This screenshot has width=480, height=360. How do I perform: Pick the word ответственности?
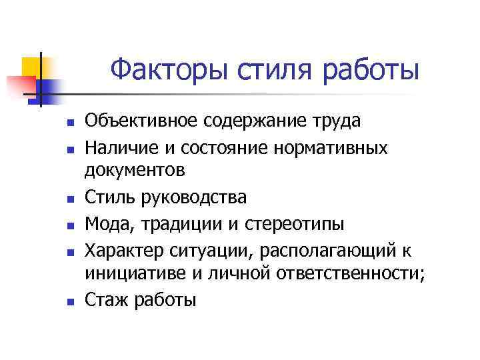tap(349, 275)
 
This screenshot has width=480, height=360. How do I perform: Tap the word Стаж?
tap(105, 299)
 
